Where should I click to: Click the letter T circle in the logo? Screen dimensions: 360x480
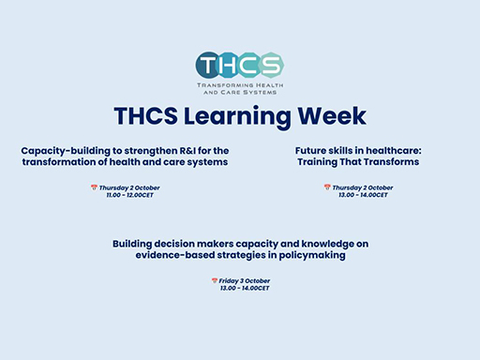(x=209, y=66)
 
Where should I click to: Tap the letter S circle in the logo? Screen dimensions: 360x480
(x=270, y=66)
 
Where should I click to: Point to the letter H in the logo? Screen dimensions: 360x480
(x=229, y=66)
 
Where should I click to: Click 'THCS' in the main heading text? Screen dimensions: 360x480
(x=144, y=115)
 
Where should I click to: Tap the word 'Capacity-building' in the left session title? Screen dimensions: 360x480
(x=63, y=150)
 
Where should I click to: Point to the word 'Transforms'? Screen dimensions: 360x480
(x=387, y=161)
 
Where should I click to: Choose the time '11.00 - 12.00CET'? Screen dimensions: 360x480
(x=130, y=195)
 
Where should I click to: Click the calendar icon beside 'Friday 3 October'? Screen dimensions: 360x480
(x=214, y=281)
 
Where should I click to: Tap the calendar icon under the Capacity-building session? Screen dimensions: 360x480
(x=94, y=187)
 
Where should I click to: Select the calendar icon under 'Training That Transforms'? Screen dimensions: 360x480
(x=327, y=187)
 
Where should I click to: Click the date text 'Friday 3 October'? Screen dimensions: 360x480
(x=244, y=281)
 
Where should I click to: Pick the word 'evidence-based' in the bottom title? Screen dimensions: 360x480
(x=183, y=255)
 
